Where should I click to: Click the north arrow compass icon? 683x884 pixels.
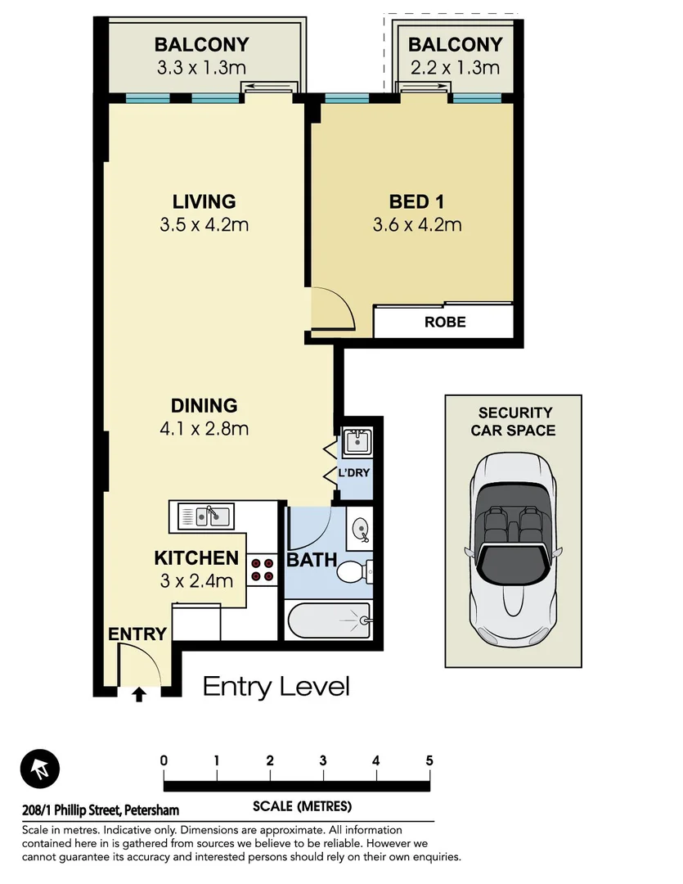point(40,769)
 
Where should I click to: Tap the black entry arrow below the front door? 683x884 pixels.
point(138,695)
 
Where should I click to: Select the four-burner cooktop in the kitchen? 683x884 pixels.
point(263,569)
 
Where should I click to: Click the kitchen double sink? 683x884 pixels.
point(206,516)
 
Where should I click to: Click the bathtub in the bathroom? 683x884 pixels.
point(328,620)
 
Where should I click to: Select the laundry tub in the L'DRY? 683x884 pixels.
point(357,443)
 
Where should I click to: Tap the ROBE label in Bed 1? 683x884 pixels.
point(445,322)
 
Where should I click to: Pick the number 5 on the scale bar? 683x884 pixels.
point(429,760)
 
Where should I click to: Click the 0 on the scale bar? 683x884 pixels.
point(164,760)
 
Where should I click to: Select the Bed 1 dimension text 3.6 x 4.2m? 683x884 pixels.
point(417,224)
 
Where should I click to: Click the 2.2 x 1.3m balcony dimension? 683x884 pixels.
point(455,67)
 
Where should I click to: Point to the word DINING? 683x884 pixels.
point(204,405)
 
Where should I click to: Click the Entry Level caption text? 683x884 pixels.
point(276,686)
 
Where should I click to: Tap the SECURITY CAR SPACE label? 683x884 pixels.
point(513,422)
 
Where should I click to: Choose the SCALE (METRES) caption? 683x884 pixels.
point(302,806)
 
